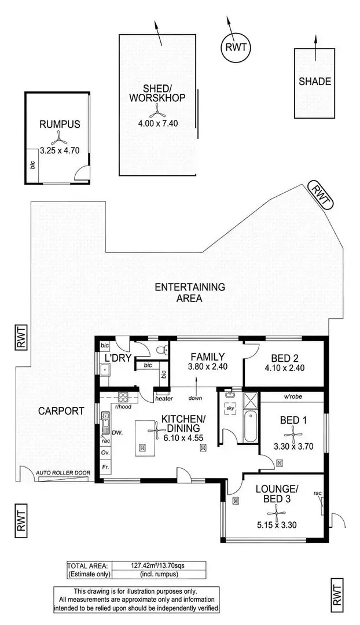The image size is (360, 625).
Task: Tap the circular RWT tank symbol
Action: point(236,47)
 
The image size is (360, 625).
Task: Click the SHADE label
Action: point(315,82)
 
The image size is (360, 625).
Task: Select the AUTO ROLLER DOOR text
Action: point(64,473)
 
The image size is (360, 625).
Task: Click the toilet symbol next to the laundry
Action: point(162,349)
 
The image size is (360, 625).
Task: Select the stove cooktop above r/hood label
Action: point(123,398)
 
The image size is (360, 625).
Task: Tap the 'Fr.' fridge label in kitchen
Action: point(105,466)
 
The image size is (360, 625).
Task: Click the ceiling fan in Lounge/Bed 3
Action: point(276,510)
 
